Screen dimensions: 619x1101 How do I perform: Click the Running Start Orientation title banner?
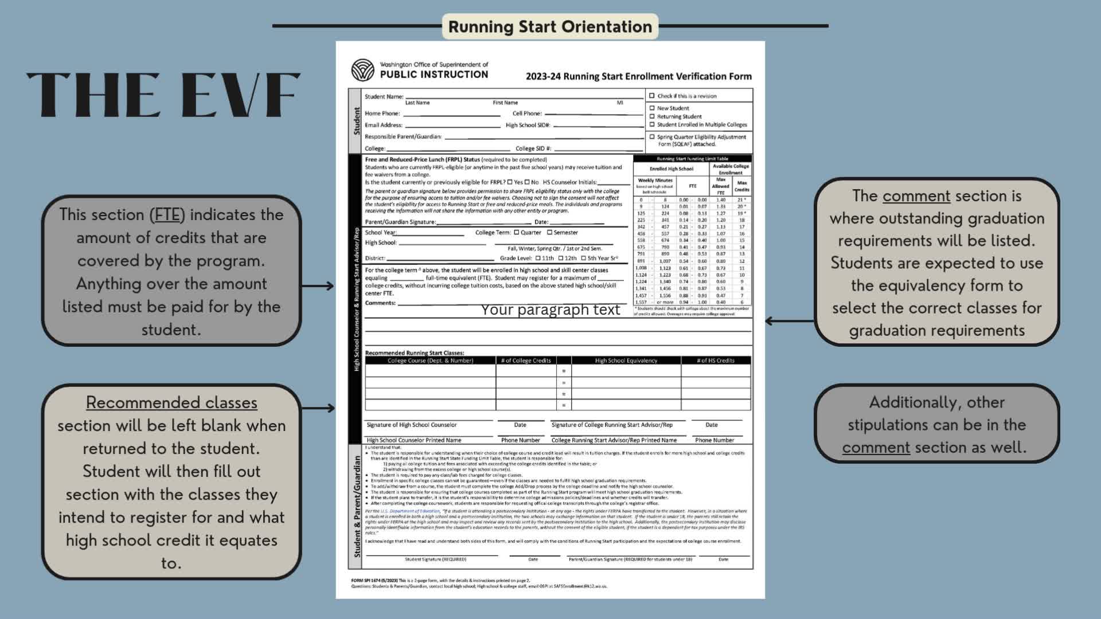550,27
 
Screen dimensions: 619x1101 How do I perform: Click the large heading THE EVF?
163,95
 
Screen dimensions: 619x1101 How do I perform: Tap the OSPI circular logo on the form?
362,70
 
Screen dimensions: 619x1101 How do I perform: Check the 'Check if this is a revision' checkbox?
652,96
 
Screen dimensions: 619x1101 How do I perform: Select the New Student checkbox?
652,108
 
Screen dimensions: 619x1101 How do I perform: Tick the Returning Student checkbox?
652,116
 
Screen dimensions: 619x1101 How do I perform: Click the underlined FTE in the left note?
167,214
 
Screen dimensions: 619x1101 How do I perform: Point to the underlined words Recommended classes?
171,402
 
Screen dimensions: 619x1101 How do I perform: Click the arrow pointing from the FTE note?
318,285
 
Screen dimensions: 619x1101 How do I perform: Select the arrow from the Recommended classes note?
318,408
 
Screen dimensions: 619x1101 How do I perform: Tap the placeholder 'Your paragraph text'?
550,309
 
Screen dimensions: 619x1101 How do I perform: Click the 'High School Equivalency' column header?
626,361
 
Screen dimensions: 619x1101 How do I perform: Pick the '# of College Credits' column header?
525,361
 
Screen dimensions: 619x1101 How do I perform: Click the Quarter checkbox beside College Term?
517,232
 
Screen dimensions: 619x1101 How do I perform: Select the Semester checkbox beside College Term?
549,232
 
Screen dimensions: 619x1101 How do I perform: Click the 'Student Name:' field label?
384,96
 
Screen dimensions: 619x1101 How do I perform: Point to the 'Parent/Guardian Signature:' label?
400,222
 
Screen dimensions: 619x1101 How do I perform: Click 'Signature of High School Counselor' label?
411,425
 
